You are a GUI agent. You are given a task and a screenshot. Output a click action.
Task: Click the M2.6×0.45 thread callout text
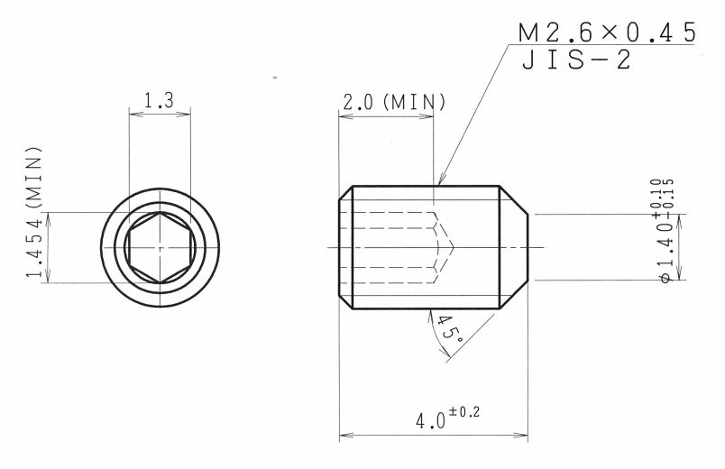click(607, 32)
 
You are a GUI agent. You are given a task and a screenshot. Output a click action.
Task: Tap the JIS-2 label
click(576, 60)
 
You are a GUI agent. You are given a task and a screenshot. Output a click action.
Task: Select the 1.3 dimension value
click(159, 100)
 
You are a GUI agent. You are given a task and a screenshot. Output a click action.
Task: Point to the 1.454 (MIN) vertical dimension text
click(34, 212)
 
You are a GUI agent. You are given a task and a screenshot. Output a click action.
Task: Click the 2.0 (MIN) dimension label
click(393, 102)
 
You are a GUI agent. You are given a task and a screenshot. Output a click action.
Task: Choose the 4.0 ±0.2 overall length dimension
click(447, 417)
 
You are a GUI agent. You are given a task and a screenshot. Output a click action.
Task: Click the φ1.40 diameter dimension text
click(665, 251)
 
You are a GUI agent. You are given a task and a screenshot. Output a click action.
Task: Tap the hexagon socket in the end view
click(160, 247)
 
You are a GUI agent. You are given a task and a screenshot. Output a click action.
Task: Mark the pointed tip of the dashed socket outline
click(454, 247)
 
